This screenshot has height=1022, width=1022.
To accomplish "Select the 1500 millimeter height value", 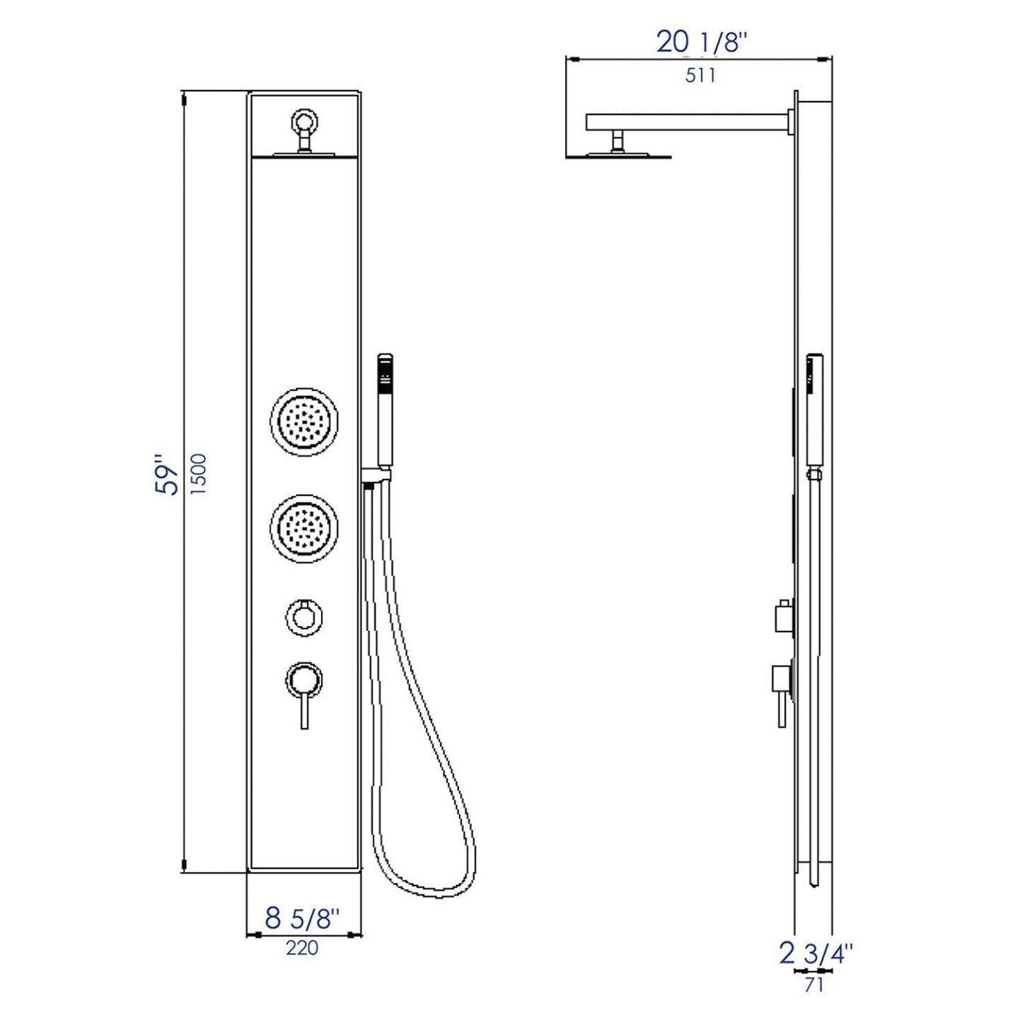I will pos(199,474).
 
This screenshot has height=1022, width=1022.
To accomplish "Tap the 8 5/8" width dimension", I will pos(303,919).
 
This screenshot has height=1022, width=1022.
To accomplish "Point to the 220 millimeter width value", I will pos(302,948).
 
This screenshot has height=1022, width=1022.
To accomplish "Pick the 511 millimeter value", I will pos(700,75).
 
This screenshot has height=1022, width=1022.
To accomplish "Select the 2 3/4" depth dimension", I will pos(815,954).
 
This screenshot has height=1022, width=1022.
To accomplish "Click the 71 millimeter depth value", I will pos(814,984).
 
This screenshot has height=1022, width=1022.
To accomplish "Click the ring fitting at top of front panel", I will pos(305,120).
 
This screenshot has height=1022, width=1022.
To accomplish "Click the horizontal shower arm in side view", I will pos(686,122).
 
